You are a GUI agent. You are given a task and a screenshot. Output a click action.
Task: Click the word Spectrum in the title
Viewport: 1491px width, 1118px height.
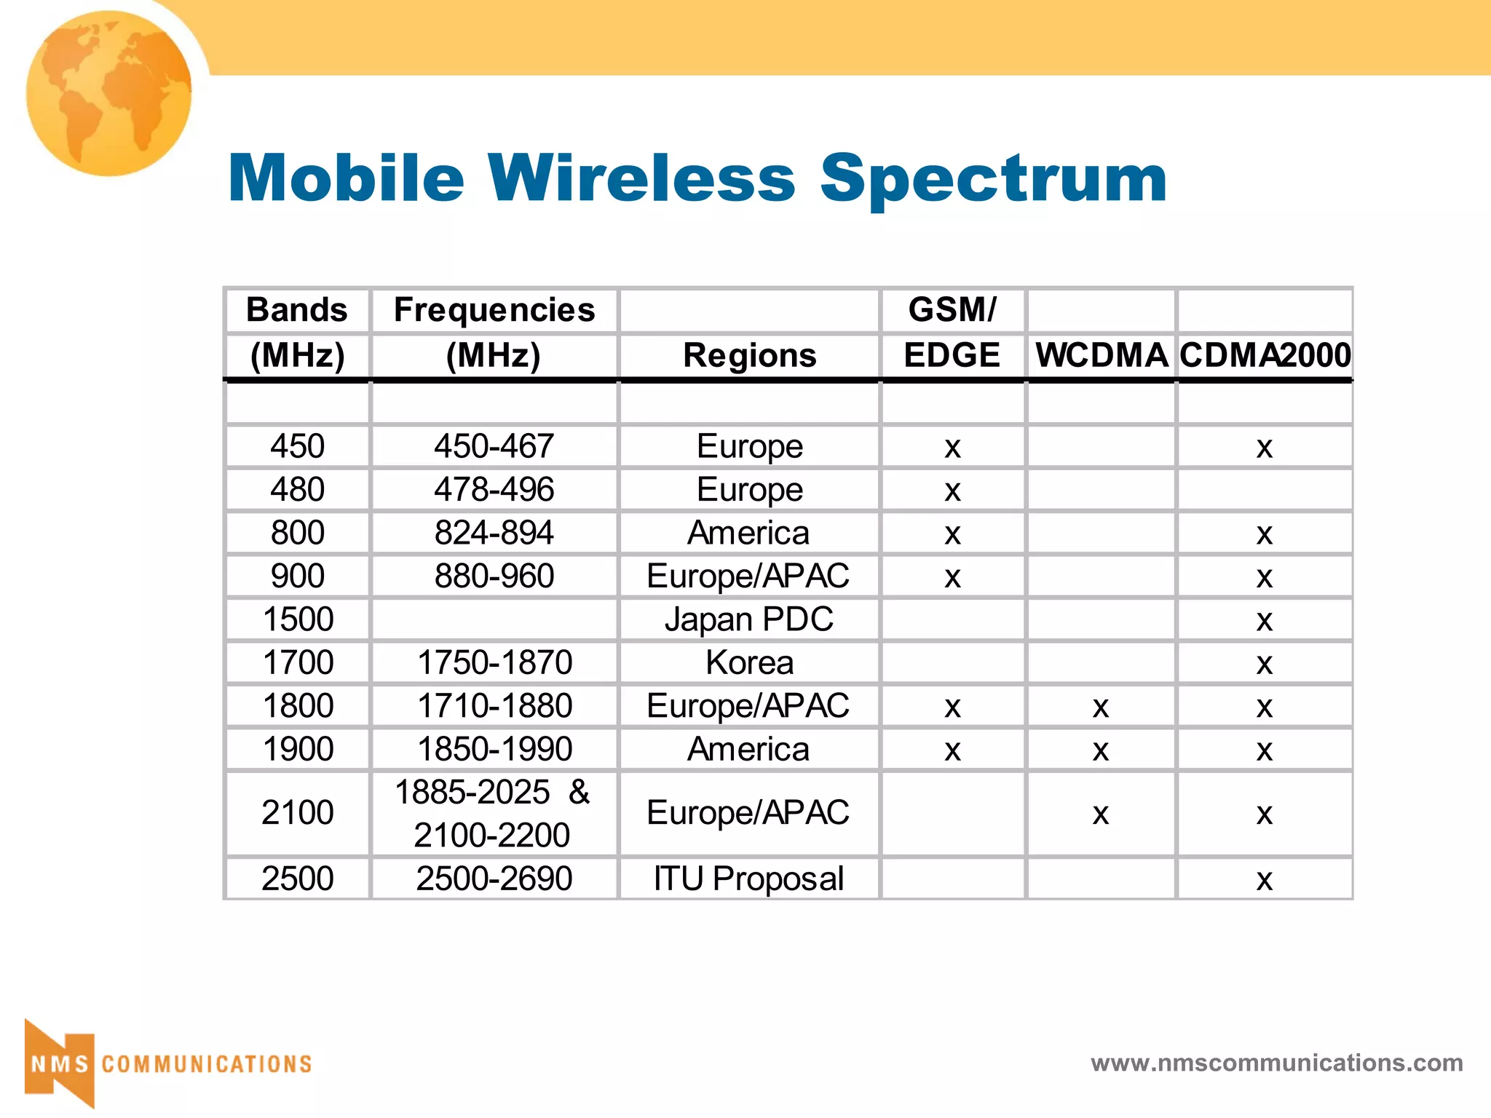coord(993,179)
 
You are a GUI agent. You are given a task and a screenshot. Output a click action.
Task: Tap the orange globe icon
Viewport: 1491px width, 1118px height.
coord(109,93)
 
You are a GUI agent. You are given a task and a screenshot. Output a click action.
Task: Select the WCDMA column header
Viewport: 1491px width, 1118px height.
coord(1102,355)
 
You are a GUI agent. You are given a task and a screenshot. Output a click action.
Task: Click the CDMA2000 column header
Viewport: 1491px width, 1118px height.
coord(1265,355)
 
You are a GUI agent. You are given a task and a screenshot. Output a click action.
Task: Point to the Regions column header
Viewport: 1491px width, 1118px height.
coord(749,355)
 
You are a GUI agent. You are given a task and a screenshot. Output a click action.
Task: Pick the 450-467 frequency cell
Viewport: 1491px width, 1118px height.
coord(494,446)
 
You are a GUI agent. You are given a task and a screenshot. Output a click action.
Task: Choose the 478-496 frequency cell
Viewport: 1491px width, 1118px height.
coord(494,489)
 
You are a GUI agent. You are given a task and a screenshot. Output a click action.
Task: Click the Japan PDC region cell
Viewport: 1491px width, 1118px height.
coord(749,619)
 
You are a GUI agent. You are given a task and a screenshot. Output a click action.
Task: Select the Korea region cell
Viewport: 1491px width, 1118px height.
coord(749,662)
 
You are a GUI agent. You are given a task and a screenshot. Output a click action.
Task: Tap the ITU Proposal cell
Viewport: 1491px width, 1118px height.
coord(749,879)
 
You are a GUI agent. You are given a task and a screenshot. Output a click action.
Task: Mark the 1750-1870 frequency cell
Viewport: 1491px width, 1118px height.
coord(494,662)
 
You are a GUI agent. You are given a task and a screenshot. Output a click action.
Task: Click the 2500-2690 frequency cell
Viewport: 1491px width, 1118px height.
coord(494,879)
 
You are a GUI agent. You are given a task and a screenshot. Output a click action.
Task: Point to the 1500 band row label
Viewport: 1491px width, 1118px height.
coord(298,619)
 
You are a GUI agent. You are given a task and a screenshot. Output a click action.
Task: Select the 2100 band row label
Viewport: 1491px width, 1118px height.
coord(298,813)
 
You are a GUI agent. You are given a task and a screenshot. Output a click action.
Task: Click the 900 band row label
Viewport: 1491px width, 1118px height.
coord(298,576)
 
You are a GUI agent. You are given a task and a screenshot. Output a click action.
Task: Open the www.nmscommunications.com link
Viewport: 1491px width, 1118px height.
coord(1276,1063)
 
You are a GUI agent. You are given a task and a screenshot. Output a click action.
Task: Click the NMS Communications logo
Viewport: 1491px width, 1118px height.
coord(167,1063)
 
